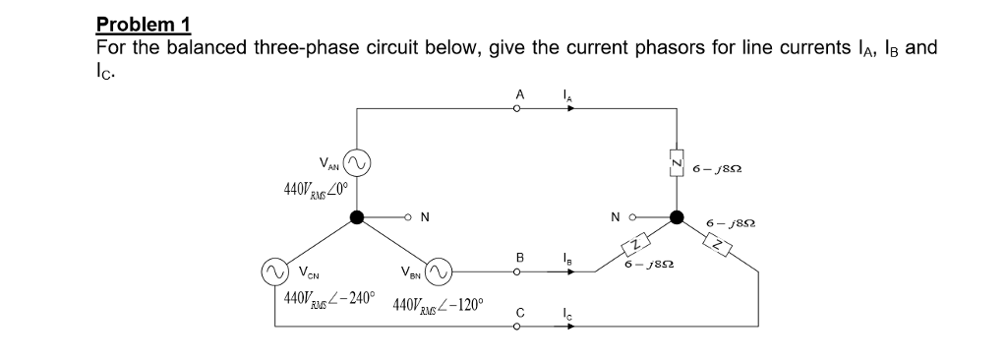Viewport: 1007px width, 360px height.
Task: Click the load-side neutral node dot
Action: pyautogui.click(x=676, y=217)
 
